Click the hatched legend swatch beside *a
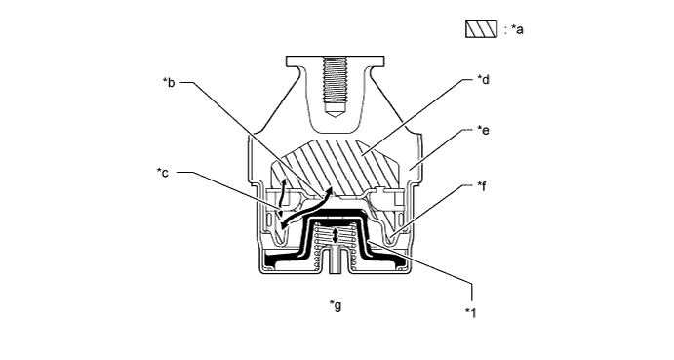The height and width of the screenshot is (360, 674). (482, 29)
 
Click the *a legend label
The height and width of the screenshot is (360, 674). (515, 30)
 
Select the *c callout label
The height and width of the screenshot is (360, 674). (163, 173)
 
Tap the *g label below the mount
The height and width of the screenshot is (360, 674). (336, 304)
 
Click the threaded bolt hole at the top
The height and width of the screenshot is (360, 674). (336, 83)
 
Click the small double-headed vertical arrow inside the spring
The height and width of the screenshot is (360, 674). (336, 236)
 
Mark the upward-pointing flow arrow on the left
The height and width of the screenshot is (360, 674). (283, 187)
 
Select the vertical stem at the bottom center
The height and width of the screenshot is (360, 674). (336, 262)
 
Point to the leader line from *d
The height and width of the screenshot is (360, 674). (419, 112)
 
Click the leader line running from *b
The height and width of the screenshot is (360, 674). (244, 127)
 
